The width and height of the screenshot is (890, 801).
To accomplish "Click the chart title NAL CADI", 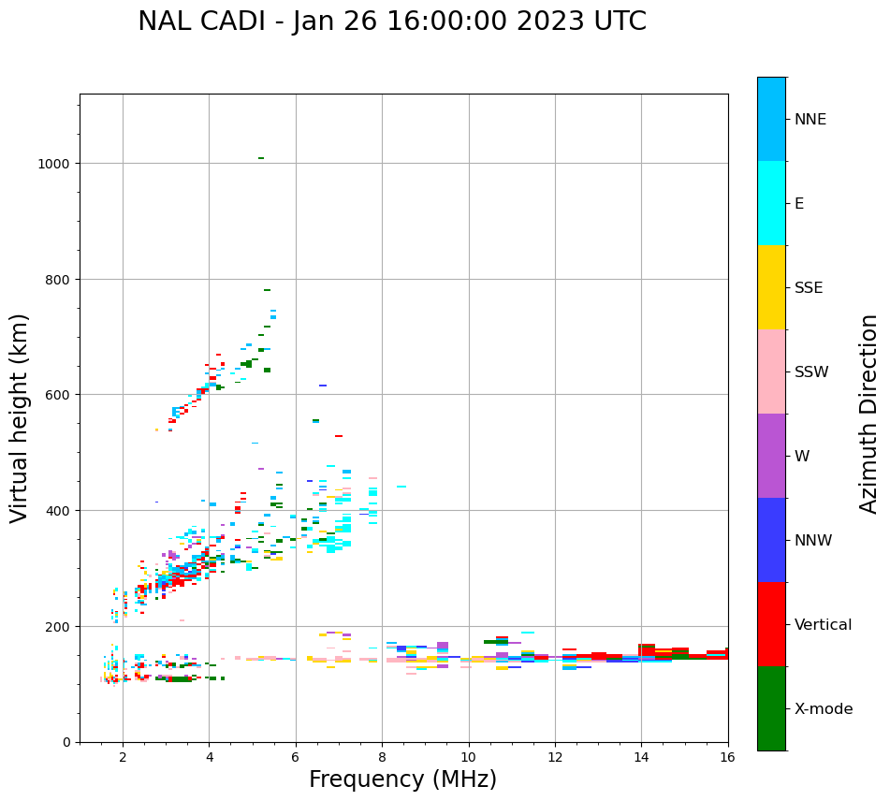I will pos(391,22).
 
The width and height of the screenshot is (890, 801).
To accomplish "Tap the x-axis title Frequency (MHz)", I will pos(402,779).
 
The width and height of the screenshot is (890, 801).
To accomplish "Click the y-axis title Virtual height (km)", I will pos(20,417).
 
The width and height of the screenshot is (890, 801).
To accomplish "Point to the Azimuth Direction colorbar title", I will pos(869,414).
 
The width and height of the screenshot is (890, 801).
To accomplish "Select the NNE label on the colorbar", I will pos(810,119).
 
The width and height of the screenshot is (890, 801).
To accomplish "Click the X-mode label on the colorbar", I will pos(824,709).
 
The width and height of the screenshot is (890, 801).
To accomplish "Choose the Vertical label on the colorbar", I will pos(824,625).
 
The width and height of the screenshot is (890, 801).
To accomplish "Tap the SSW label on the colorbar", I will pos(811,372).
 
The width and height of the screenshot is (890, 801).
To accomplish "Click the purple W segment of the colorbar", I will pos(771,456).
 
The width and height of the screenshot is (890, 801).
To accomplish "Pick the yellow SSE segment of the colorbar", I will pos(771,287).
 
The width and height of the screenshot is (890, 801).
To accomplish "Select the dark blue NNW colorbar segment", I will pos(771,540).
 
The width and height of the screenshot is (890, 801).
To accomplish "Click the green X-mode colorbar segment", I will pos(771,708).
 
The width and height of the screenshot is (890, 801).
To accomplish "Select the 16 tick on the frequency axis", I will pos(728,758).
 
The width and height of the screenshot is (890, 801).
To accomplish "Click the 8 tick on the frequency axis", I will pos(382,758).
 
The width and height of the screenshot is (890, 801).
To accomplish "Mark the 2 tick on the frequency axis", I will pos(123,758).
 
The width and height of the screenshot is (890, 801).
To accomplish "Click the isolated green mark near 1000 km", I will pos(261,158).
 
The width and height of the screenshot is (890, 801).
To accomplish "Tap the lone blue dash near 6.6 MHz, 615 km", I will pos(323,386).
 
